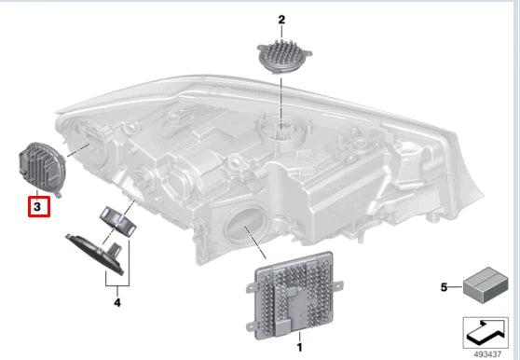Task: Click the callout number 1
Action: coord(299,347)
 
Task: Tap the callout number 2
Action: coord(281,20)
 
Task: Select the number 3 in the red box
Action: coord(37,207)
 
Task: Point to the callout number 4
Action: coord(117,302)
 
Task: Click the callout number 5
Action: coord(445,287)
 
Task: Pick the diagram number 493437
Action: coord(487,354)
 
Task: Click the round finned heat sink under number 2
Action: coord(284,57)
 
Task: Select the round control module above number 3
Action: coord(42,168)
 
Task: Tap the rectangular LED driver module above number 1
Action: coord(294,296)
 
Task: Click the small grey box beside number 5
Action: coord(486,285)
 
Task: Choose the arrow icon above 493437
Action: coord(486,333)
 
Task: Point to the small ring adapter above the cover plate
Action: coord(118,222)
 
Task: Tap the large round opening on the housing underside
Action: coord(246,228)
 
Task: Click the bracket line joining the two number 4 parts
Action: coord(117,285)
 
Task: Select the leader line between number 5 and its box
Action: coord(456,287)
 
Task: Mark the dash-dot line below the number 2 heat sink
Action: coord(281,102)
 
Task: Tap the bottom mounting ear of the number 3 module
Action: coord(58,195)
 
